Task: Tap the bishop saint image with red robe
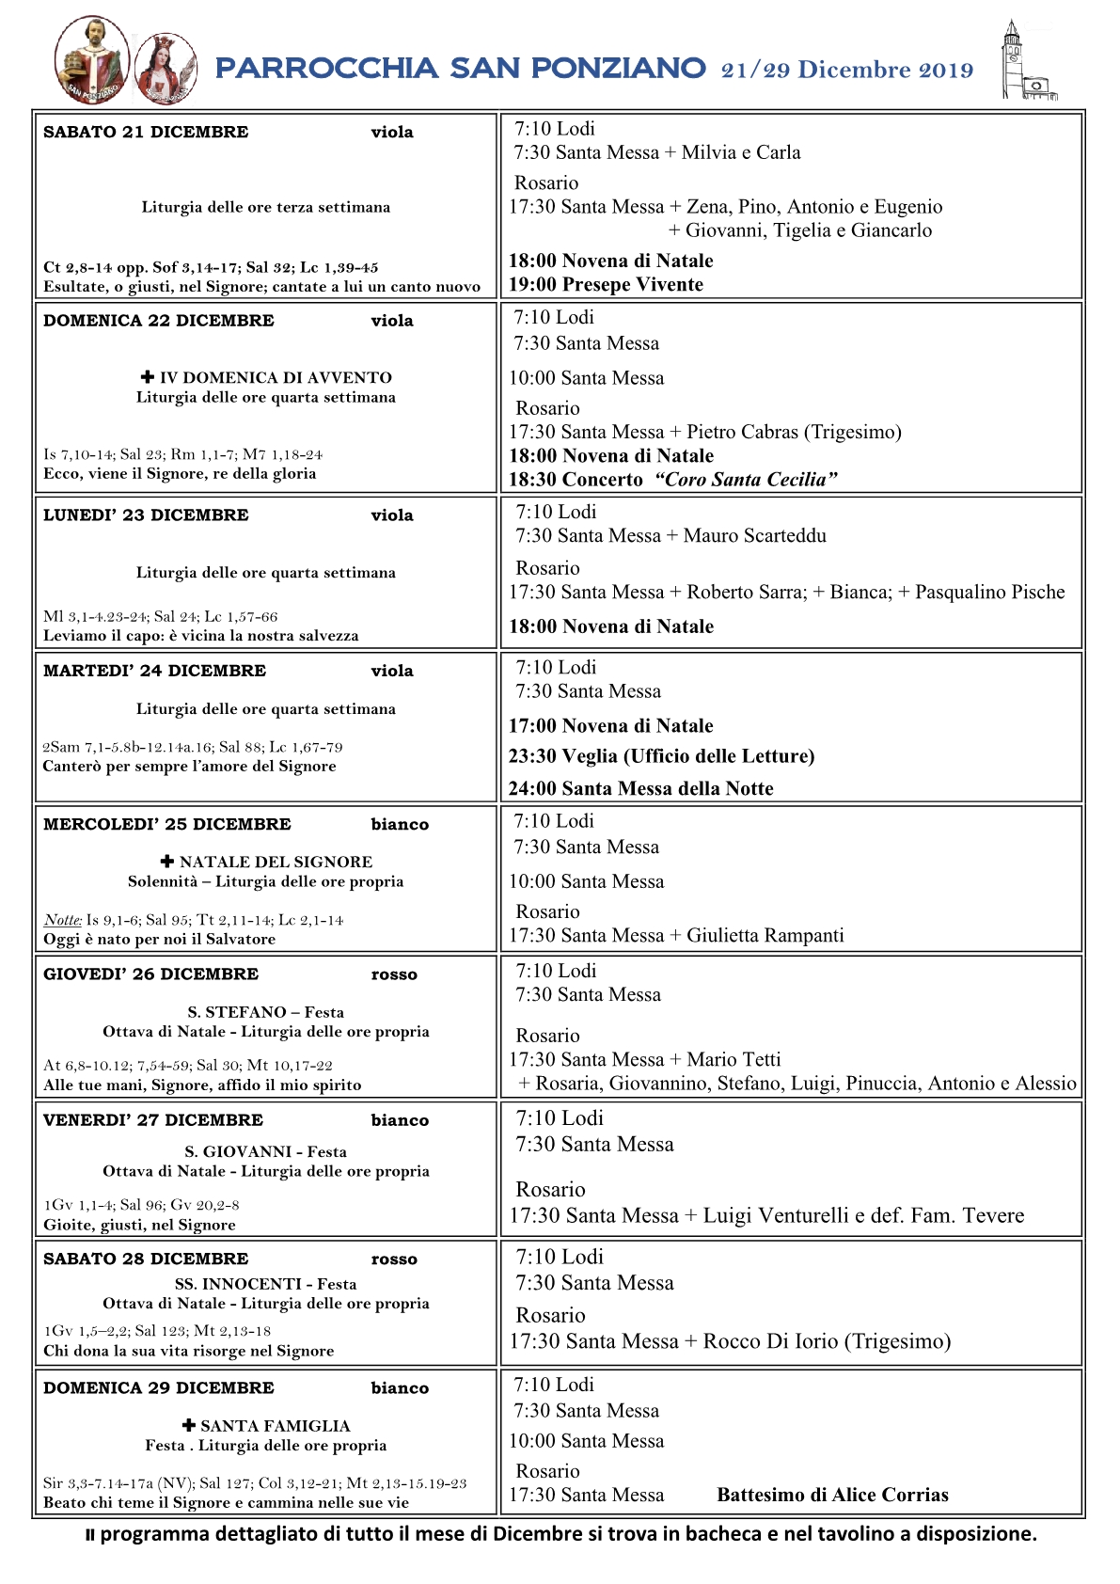coord(92,59)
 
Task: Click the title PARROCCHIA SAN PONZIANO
coord(460,69)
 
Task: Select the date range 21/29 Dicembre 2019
coord(846,70)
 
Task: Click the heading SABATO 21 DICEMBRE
coord(146,133)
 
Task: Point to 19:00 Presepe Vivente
coord(606,285)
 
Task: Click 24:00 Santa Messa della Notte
coord(640,789)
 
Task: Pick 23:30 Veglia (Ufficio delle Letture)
coord(661,756)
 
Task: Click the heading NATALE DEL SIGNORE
coord(276,863)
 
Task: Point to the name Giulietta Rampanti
coord(765,936)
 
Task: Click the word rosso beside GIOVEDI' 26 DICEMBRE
coord(394,975)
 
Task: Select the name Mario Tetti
coord(734,1060)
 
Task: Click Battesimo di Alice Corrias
coord(832,1496)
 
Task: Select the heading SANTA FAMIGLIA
coord(275,1427)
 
